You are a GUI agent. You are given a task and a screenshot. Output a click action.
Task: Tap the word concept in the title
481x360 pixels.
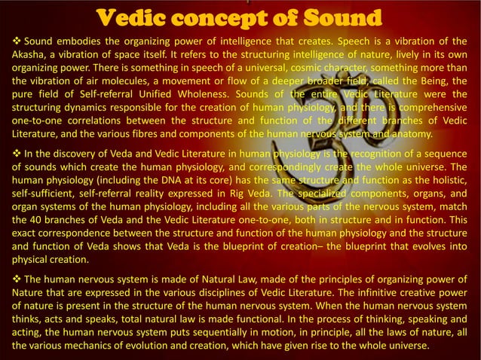pyautogui.click(x=215, y=17)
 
